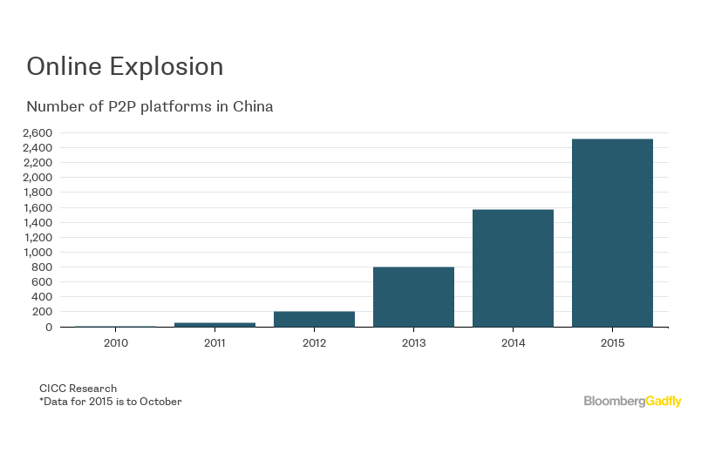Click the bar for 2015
[612, 233]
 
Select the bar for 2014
[513, 268]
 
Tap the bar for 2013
[413, 297]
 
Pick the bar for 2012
[314, 319]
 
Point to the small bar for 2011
[214, 324]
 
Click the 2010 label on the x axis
[115, 343]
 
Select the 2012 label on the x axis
[314, 343]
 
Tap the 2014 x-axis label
[513, 343]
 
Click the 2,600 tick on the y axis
[37, 132]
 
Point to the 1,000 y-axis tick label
[37, 252]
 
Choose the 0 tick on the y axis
[49, 327]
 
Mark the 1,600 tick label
[37, 207]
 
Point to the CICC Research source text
[78, 388]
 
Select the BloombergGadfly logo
[632, 401]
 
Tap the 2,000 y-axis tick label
[37, 178]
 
